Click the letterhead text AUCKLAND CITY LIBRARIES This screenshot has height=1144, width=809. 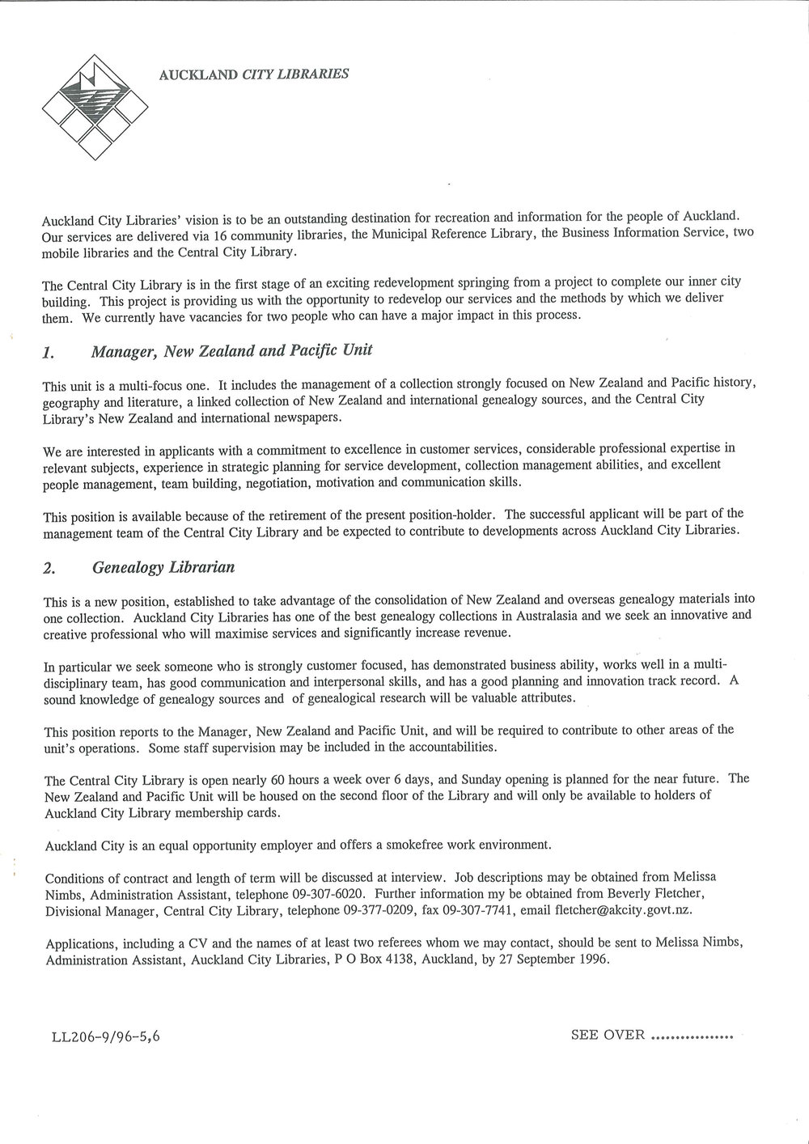tap(254, 74)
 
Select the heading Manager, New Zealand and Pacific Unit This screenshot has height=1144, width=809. tap(231, 351)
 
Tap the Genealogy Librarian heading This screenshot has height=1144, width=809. tap(163, 567)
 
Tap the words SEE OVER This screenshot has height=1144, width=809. tap(608, 1033)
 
